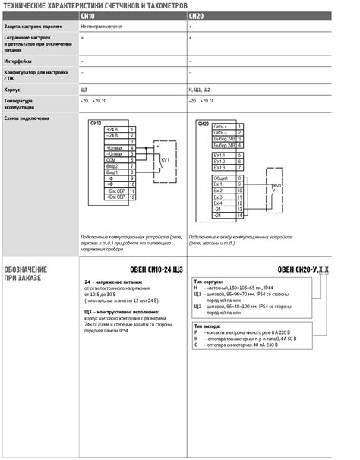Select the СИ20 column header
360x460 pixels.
(x=195, y=15)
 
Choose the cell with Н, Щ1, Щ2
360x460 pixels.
(x=201, y=89)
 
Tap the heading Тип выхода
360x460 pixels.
(x=210, y=326)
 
